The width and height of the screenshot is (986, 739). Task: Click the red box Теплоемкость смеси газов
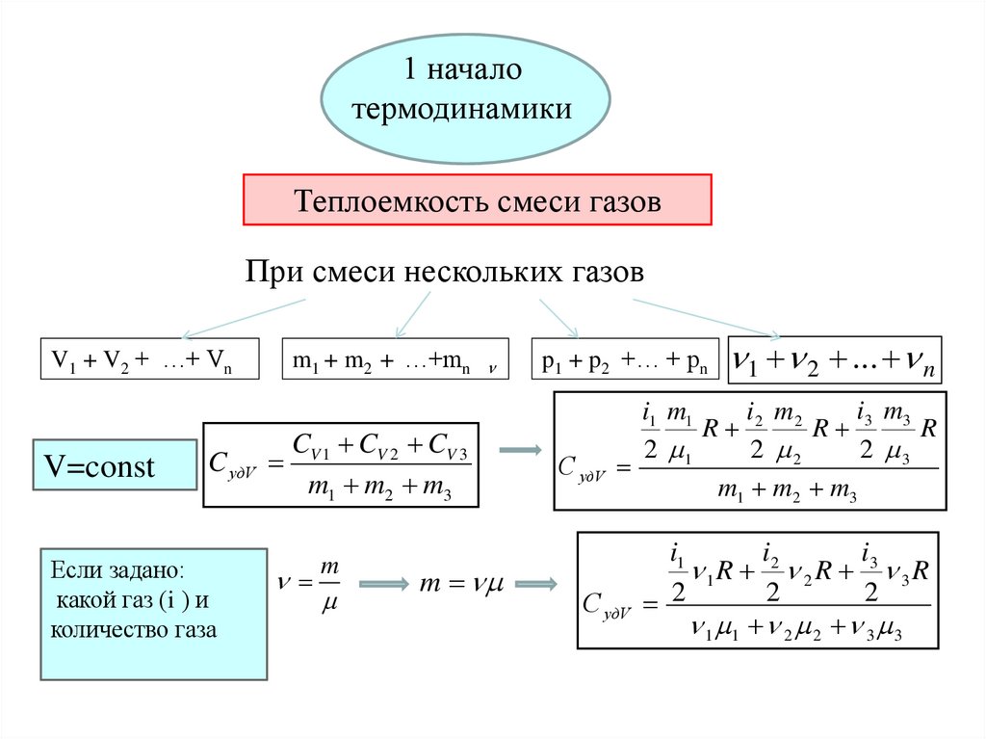click(x=477, y=201)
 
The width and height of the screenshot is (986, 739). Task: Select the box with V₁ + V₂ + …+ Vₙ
click(x=148, y=360)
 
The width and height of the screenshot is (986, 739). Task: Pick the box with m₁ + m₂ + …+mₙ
click(x=394, y=360)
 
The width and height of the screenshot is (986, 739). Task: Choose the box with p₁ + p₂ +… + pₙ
click(x=625, y=360)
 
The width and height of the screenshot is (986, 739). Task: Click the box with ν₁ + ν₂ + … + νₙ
click(x=835, y=360)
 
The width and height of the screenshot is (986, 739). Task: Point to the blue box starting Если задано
click(x=153, y=614)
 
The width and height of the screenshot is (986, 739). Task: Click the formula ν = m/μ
click(x=318, y=585)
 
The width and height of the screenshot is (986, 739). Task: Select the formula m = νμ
click(x=466, y=584)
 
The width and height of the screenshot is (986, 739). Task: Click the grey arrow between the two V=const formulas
click(x=519, y=450)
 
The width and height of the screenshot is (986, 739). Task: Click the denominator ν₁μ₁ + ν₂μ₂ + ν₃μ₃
click(x=795, y=630)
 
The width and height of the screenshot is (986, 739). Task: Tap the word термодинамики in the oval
click(x=463, y=109)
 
